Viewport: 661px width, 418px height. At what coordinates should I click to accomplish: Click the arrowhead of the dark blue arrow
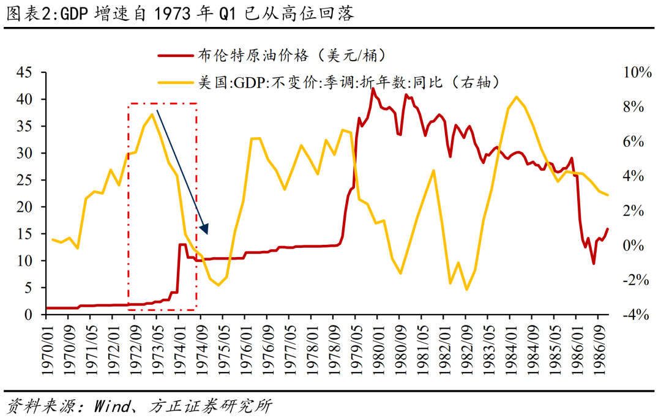pos(206,230)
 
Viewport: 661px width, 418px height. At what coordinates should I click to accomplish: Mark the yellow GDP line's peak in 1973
pos(152,114)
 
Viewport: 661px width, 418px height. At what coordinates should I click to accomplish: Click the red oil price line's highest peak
pos(373,89)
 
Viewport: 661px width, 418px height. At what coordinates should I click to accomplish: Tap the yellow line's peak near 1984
pos(517,97)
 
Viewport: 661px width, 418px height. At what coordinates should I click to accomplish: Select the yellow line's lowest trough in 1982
pos(466,289)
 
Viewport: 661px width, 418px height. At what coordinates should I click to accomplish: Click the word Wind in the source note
pos(111,406)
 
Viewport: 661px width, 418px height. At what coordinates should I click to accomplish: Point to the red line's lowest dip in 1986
pos(593,264)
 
